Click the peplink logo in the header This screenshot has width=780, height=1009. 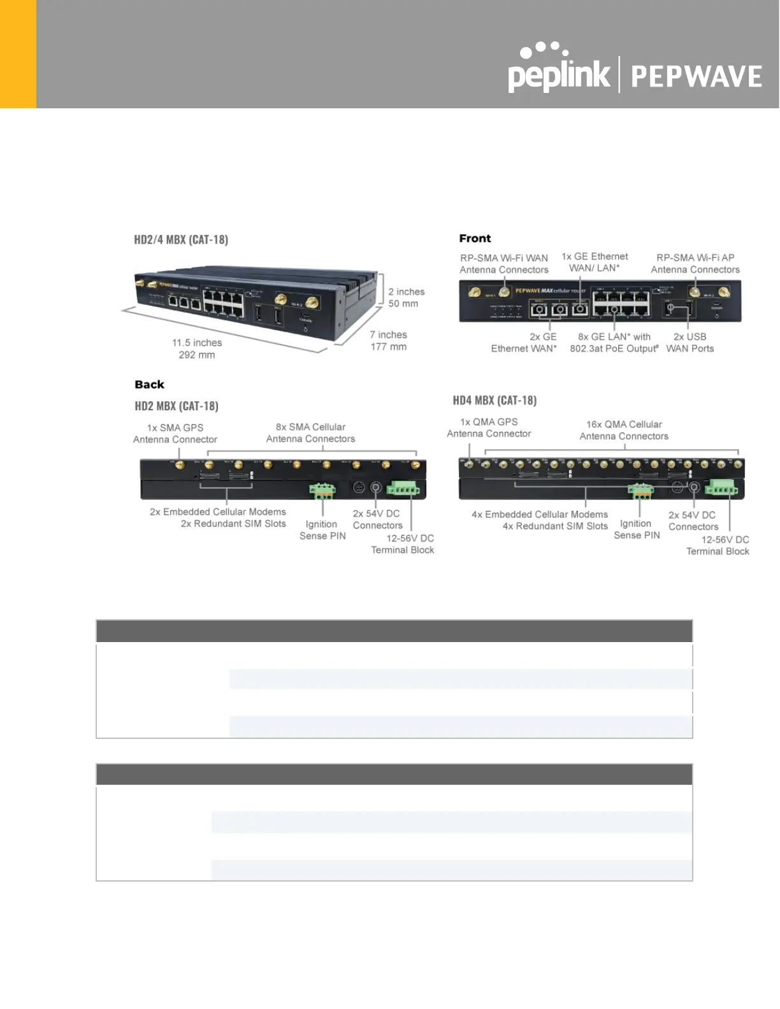tap(558, 71)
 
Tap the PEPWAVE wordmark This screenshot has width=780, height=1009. tap(696, 76)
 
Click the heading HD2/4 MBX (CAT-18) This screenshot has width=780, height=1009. tap(181, 240)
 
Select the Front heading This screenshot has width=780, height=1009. tap(475, 238)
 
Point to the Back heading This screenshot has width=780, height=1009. tap(149, 385)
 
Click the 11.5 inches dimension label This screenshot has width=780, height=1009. tap(197, 348)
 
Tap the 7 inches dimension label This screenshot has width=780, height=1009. tap(388, 341)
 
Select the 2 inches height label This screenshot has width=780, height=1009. tap(406, 297)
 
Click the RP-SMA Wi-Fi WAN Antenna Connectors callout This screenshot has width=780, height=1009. tap(503, 264)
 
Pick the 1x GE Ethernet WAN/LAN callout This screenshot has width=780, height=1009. tap(595, 262)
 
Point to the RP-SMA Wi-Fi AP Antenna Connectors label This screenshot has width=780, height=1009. tap(695, 264)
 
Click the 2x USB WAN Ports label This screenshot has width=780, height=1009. tap(690, 343)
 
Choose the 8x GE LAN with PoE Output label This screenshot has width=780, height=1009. tap(614, 343)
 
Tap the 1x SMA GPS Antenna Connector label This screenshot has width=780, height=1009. tap(175, 434)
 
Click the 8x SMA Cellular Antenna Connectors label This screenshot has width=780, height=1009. tap(310, 433)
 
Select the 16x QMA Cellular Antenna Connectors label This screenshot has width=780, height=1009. tap(624, 430)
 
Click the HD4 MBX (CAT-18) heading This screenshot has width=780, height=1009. tap(495, 401)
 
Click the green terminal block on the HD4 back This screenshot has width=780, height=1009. tap(721, 488)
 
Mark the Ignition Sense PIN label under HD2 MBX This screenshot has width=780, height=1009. tap(322, 530)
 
